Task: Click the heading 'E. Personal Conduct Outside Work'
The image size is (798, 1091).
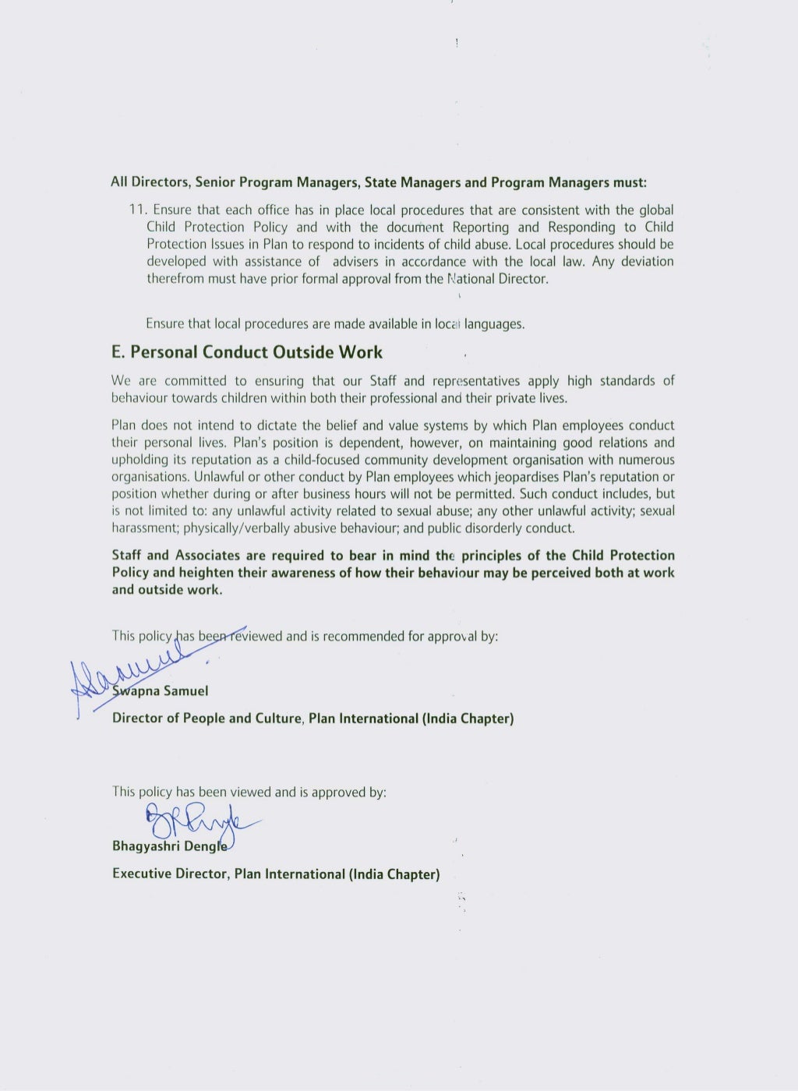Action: pyautogui.click(x=247, y=352)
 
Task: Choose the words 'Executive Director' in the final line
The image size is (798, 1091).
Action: pyautogui.click(x=170, y=874)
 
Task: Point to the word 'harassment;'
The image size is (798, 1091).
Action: pyautogui.click(x=146, y=528)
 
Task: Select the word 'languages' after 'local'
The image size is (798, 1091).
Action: pyautogui.click(x=494, y=324)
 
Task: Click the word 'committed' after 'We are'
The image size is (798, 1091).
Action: pyautogui.click(x=195, y=381)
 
